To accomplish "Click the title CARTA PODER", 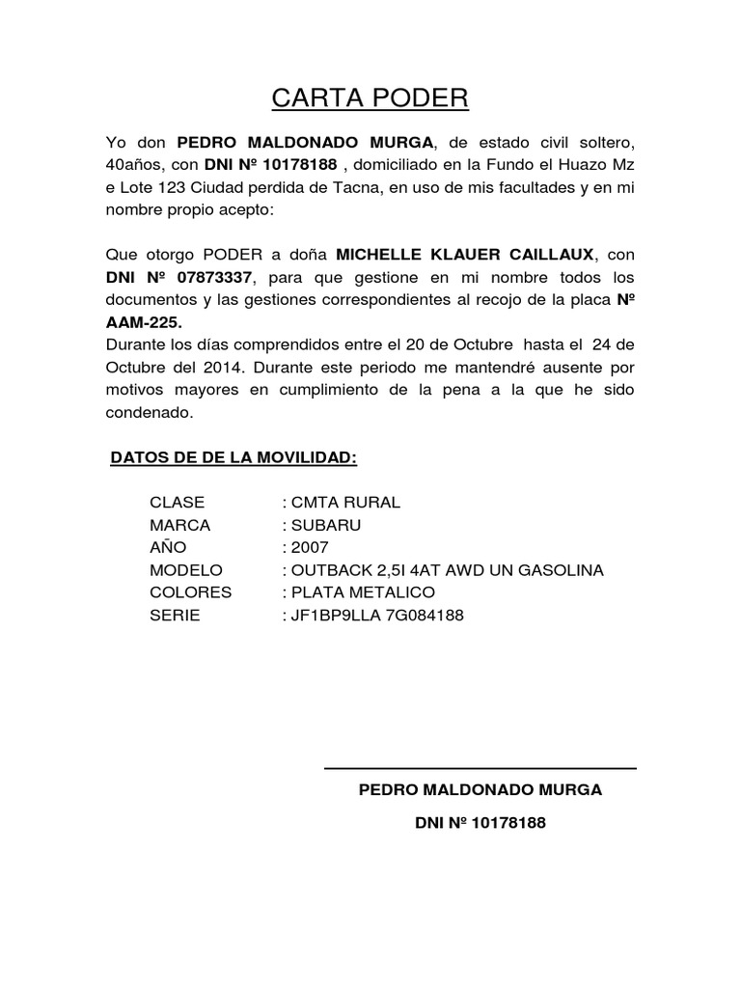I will point(370,97).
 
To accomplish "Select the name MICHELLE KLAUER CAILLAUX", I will point(466,255).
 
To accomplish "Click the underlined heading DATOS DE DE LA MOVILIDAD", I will point(233,456).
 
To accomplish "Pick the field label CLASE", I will point(178,503).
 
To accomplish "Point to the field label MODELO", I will point(186,570).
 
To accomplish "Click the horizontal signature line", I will point(480,769).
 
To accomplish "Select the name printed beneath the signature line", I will point(480,790).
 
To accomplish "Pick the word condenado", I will point(150,412).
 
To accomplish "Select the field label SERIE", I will point(175,615).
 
